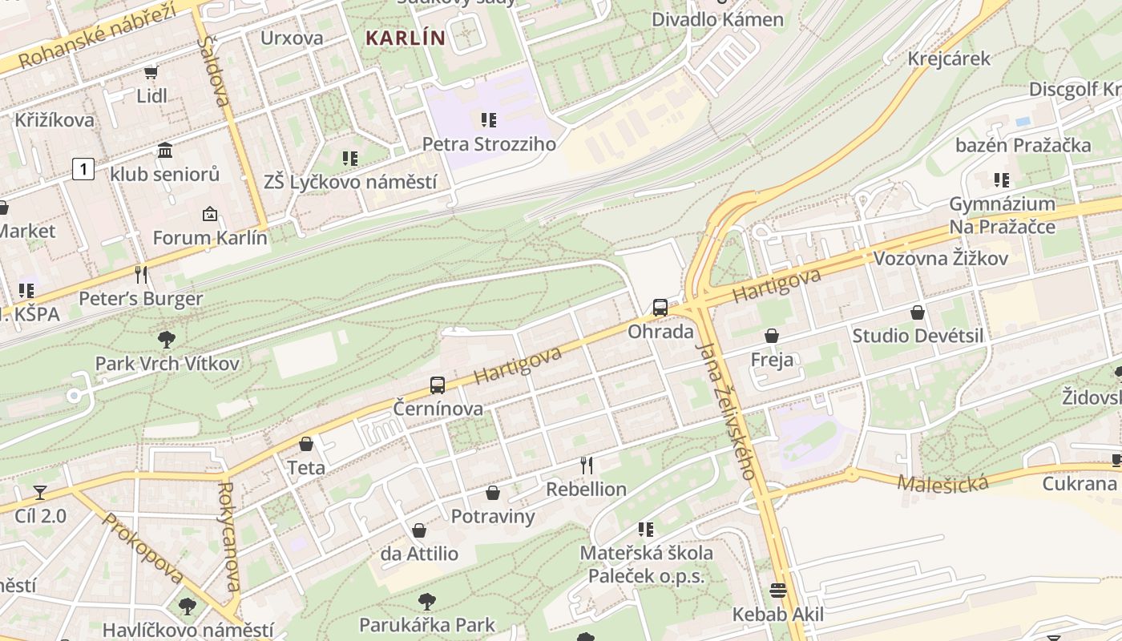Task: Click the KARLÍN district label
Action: (x=405, y=38)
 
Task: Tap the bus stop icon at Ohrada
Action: (x=660, y=307)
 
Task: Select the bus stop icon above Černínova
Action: (x=437, y=385)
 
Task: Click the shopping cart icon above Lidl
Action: (x=151, y=72)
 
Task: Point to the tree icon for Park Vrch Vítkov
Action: (x=167, y=339)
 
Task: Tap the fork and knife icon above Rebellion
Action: (x=587, y=465)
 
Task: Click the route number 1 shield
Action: (x=83, y=169)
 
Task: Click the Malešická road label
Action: (x=942, y=483)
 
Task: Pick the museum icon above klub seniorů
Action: (x=165, y=150)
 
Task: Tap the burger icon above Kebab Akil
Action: (x=777, y=591)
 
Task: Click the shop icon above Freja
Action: (x=772, y=336)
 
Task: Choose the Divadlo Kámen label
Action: (x=717, y=19)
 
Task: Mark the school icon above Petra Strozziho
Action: (x=488, y=120)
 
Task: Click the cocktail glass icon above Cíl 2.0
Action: (x=40, y=492)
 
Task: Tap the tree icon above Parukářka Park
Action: (x=427, y=601)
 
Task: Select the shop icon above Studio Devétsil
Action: (x=918, y=312)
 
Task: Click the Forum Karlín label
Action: (x=210, y=238)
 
